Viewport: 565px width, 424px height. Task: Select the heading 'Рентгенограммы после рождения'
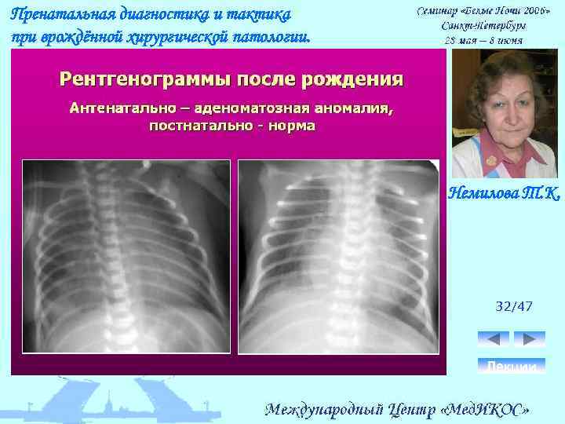click(x=231, y=79)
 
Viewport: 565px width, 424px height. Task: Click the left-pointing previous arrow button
click(x=493, y=338)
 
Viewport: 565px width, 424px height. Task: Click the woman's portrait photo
click(x=505, y=113)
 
